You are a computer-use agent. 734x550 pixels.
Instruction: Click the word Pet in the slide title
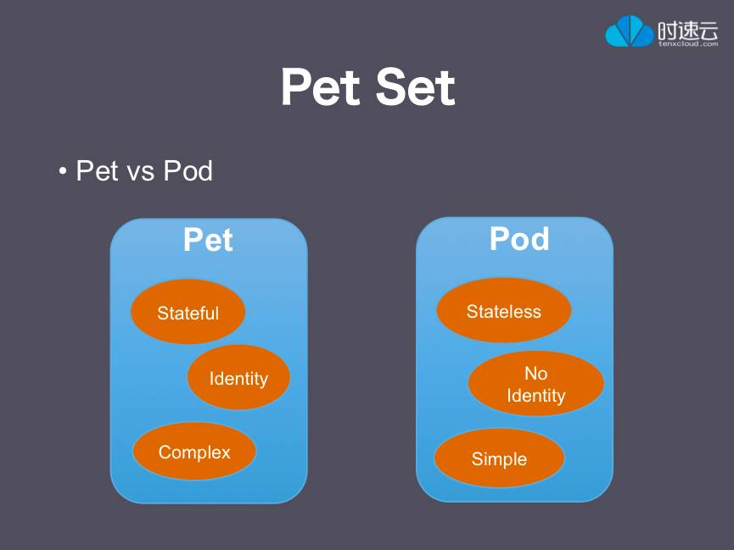click(322, 87)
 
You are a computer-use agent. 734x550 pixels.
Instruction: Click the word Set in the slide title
click(415, 87)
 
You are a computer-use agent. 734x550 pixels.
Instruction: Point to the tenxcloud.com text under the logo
click(688, 43)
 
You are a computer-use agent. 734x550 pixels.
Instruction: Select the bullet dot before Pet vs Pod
click(62, 171)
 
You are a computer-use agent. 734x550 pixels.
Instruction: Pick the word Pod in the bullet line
click(188, 170)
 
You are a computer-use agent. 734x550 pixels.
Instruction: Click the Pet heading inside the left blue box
click(208, 240)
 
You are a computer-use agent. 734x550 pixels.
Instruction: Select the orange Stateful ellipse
click(188, 312)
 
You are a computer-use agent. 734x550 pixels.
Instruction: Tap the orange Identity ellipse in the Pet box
click(238, 377)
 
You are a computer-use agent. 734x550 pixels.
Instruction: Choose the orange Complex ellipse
click(194, 452)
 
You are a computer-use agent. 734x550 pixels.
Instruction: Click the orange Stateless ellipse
click(504, 310)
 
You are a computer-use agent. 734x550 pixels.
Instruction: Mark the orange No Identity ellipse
click(536, 384)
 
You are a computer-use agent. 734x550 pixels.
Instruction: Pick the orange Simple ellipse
click(499, 458)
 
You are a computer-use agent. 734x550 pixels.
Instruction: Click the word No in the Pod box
click(536, 373)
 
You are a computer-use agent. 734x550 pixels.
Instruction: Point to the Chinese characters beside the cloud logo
click(687, 30)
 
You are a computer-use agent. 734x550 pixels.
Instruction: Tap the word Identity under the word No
click(536, 396)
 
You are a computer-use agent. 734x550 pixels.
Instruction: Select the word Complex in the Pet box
click(194, 453)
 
